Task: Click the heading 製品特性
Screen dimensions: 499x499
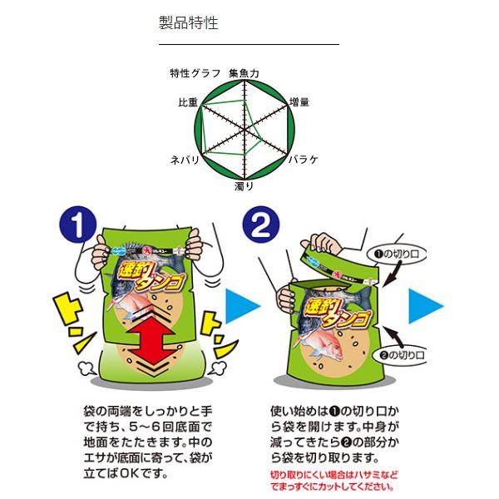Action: pyautogui.click(x=188, y=22)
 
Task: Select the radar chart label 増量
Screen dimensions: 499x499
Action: pyautogui.click(x=299, y=102)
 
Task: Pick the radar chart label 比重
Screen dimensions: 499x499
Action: pyautogui.click(x=188, y=102)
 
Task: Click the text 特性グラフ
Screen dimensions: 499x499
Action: pyautogui.click(x=195, y=73)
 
